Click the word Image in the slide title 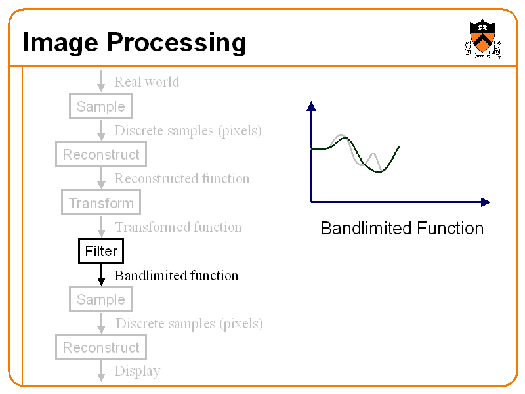(61, 43)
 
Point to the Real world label (146, 82)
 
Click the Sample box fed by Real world (100, 106)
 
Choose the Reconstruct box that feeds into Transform (100, 155)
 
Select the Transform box (101, 203)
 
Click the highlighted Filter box (101, 251)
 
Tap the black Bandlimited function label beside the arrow (176, 276)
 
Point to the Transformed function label (178, 227)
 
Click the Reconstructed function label (182, 179)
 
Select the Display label (137, 371)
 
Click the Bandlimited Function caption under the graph (402, 229)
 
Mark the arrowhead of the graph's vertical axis (311, 106)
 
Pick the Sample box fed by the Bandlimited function (100, 299)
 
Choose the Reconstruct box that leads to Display (100, 347)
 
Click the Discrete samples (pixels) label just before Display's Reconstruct (189, 324)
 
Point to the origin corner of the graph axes (311, 202)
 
